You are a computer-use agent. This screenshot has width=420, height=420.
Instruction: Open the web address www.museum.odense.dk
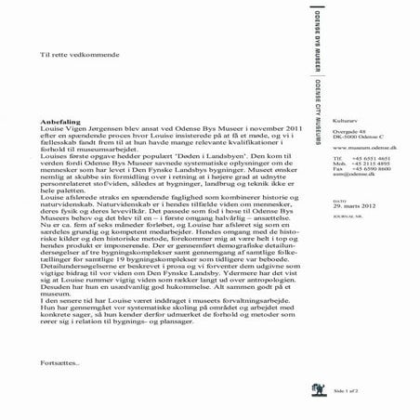pyautogui.click(x=363, y=149)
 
